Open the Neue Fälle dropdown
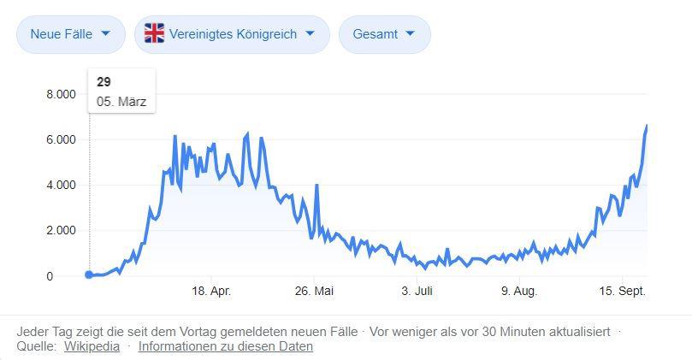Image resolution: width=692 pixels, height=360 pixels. (x=70, y=34)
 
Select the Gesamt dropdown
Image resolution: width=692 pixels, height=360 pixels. (x=384, y=34)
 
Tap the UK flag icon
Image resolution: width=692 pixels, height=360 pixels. (x=154, y=33)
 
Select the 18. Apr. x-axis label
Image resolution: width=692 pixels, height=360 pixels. (x=210, y=292)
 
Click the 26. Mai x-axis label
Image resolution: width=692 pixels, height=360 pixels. (x=314, y=292)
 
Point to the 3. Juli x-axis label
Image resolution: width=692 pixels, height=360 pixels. (x=417, y=292)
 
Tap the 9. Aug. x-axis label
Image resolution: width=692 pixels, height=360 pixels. (x=518, y=292)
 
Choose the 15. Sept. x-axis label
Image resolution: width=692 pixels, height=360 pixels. (x=622, y=292)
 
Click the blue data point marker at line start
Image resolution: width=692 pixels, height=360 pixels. (x=89, y=274)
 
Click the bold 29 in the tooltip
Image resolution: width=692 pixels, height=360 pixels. (x=104, y=82)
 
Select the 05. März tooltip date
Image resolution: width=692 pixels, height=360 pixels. (x=121, y=102)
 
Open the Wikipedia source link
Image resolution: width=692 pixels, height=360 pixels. (x=92, y=346)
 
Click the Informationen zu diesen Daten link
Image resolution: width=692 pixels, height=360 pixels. (x=225, y=346)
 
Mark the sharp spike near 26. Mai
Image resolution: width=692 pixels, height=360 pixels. (x=316, y=186)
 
